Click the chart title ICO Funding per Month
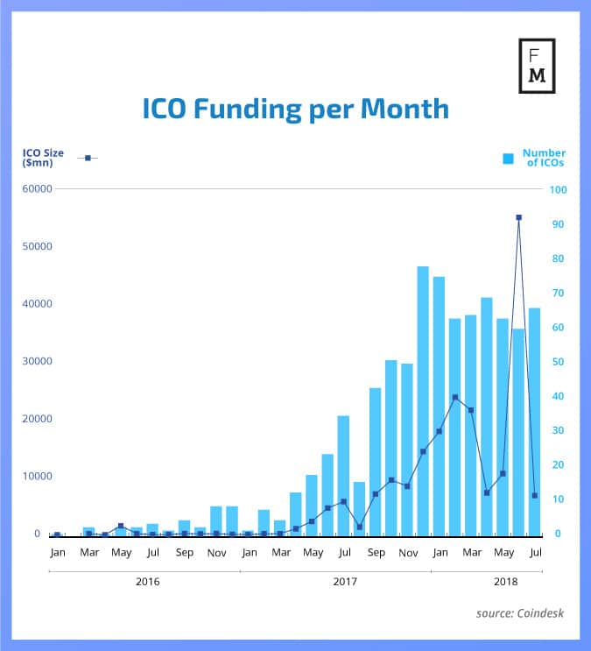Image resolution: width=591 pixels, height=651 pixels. click(x=295, y=109)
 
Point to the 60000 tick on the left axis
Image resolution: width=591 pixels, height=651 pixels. click(x=38, y=189)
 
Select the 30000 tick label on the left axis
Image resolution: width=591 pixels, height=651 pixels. click(x=38, y=362)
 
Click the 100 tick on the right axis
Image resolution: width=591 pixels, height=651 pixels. click(x=558, y=189)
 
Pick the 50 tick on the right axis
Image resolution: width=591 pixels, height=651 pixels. click(x=555, y=362)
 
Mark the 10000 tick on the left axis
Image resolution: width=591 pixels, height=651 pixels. click(x=38, y=477)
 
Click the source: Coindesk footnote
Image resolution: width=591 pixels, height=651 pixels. click(x=520, y=613)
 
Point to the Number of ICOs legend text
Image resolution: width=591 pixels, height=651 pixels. click(x=544, y=158)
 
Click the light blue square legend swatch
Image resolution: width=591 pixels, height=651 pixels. click(x=508, y=159)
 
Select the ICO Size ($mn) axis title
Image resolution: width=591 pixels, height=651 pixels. click(x=43, y=158)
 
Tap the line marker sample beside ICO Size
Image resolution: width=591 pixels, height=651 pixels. click(x=88, y=158)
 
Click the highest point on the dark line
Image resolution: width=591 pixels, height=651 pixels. click(x=518, y=217)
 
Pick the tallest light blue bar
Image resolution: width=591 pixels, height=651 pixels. click(x=423, y=400)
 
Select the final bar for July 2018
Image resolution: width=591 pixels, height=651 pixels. click(x=534, y=421)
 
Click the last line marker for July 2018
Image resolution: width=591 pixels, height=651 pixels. click(x=534, y=496)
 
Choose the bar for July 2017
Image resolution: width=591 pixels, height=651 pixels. click(x=343, y=474)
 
